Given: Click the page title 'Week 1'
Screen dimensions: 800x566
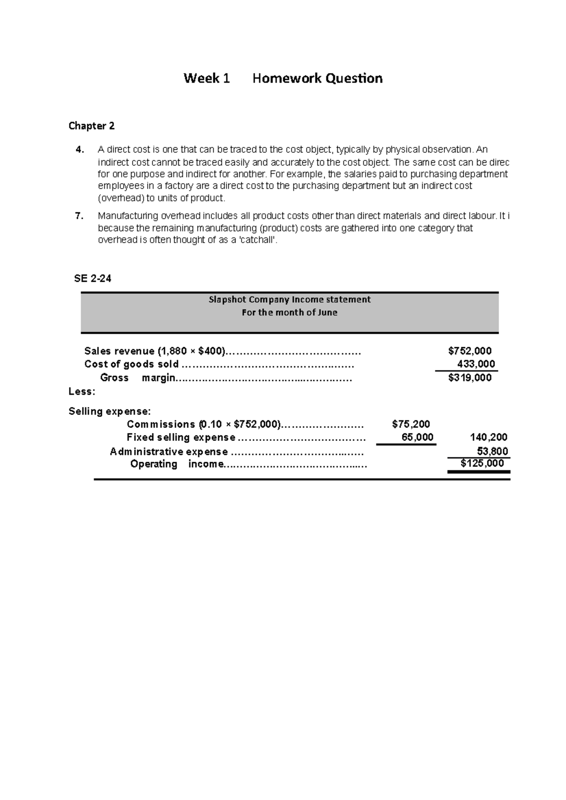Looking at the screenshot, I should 206,78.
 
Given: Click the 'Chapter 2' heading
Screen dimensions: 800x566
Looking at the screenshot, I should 92,126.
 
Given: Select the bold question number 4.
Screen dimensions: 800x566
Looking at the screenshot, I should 80,150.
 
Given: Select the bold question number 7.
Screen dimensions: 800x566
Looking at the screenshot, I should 79,216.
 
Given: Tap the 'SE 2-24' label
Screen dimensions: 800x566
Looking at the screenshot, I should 92,278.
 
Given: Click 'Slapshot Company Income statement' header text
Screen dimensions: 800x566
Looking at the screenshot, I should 290,300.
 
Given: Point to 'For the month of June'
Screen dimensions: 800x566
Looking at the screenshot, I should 290,312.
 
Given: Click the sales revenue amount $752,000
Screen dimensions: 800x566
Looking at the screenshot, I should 470,351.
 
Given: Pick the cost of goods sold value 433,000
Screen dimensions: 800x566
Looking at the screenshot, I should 476,364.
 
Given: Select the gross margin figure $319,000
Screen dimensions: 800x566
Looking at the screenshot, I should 470,377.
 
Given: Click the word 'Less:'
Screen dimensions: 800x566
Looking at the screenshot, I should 82,392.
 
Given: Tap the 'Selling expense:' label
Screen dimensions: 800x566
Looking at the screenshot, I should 109,411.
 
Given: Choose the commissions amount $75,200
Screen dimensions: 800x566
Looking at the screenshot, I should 411,424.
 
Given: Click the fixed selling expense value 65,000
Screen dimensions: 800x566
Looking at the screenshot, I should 417,437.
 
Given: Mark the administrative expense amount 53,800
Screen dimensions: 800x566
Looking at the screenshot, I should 492,451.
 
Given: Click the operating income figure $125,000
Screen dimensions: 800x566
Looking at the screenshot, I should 482,464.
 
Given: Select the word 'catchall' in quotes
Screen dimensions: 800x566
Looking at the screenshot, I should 257,240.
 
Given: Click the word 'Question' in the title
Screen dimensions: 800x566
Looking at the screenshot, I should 347,78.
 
